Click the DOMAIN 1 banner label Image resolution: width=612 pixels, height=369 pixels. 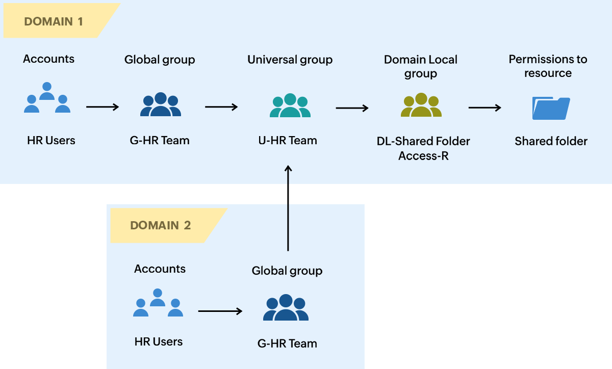54,21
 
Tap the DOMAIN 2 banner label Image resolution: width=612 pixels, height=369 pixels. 161,225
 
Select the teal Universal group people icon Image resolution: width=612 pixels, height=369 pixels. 290,106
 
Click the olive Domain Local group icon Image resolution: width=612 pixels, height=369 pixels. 421,106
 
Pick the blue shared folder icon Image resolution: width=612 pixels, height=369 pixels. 551,108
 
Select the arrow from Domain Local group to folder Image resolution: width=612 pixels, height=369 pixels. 484,108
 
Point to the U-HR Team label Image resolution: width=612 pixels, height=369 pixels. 288,141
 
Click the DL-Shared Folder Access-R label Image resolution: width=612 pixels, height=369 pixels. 423,148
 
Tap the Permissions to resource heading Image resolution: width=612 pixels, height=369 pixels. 548,66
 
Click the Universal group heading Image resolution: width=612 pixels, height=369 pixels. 290,60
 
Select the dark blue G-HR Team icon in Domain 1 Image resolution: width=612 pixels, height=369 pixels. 160,104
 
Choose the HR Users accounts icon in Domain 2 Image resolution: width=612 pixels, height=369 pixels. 158,303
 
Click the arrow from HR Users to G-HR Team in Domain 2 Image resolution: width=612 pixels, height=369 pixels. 220,311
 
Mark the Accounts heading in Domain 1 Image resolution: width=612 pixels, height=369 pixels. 48,59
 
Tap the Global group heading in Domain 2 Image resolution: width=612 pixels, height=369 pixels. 287,271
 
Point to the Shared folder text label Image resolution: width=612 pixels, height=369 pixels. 551,141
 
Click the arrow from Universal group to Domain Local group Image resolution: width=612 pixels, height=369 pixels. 352,108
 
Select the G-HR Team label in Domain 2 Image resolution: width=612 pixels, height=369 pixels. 287,344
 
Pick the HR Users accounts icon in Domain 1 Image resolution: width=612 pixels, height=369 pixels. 47,98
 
